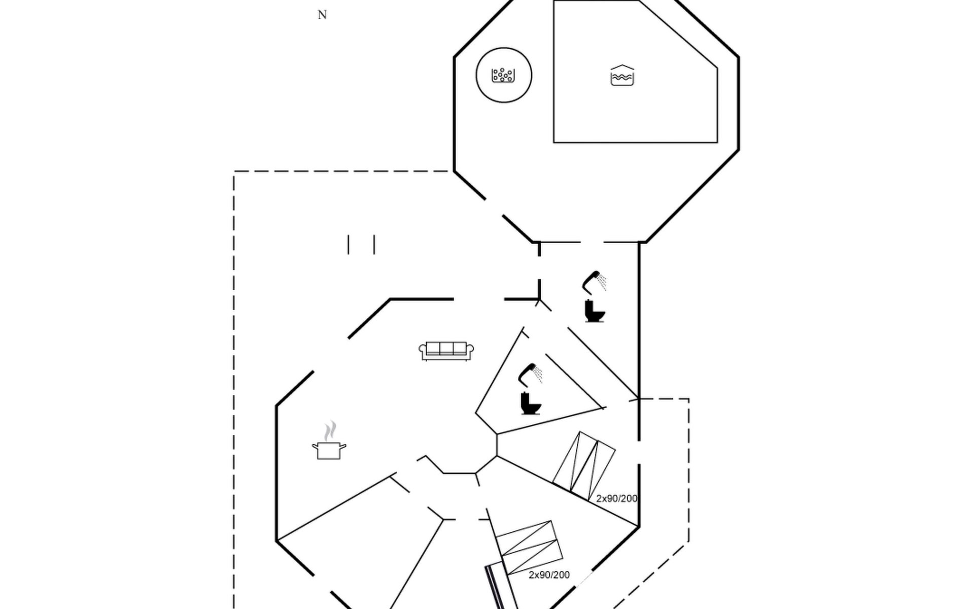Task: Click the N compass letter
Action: (x=322, y=15)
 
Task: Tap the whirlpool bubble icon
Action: (x=503, y=75)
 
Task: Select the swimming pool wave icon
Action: (x=622, y=76)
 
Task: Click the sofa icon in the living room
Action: (x=446, y=351)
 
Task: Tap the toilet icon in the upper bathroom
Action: (x=595, y=311)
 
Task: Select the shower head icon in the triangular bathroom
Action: (x=530, y=374)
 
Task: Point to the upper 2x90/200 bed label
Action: (x=616, y=498)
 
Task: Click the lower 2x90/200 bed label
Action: (x=549, y=574)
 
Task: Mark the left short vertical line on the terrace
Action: (x=349, y=244)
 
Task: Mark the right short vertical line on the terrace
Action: (x=374, y=244)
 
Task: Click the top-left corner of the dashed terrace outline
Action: (x=234, y=172)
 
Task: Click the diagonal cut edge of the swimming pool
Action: (x=678, y=34)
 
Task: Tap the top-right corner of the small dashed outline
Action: (x=688, y=399)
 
